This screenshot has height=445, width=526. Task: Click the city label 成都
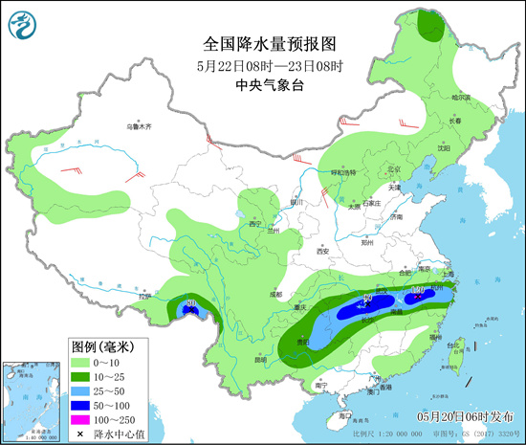pos(275,294)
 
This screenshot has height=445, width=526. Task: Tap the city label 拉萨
pos(144,297)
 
